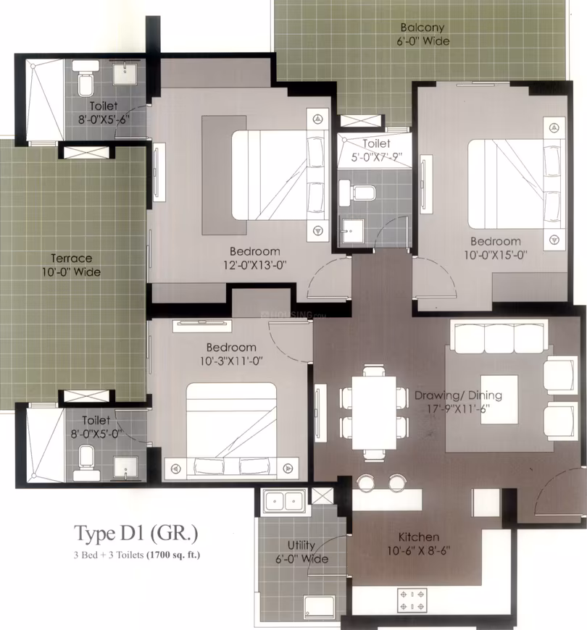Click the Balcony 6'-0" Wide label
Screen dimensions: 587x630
click(x=423, y=34)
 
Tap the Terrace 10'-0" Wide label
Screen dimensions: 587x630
click(x=72, y=265)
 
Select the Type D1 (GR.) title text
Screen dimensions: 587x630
click(x=136, y=534)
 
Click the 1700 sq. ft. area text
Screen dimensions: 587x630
click(x=173, y=555)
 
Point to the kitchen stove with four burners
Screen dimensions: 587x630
click(x=412, y=600)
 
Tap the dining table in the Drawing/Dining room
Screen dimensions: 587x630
click(x=374, y=413)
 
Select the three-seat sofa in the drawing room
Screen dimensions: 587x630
click(x=499, y=336)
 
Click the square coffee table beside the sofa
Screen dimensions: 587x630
click(x=499, y=400)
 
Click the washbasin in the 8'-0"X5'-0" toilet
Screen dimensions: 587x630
click(x=125, y=468)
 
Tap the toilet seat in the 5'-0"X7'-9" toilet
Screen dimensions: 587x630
click(x=357, y=191)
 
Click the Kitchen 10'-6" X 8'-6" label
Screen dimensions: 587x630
click(x=419, y=544)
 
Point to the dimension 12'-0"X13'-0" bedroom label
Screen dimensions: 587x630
click(x=255, y=265)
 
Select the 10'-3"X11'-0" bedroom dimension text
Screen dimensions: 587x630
click(x=232, y=361)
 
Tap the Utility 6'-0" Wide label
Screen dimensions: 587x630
click(x=301, y=552)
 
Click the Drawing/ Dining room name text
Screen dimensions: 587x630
click(x=458, y=396)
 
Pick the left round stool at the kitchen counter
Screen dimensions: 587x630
click(x=366, y=482)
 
